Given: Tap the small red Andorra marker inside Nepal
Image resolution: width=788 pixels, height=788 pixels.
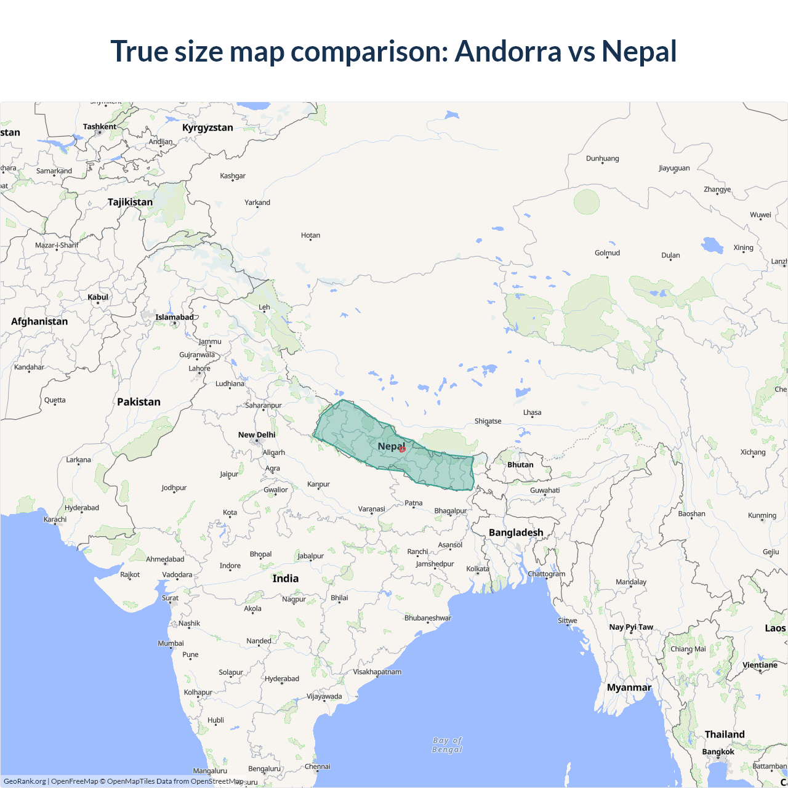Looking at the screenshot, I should click(402, 449).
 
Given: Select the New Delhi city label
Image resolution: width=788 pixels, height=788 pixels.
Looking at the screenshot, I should click(257, 435).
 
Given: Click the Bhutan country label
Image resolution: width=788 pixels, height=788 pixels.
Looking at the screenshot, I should click(520, 465).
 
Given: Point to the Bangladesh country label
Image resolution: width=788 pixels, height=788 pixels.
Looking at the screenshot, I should click(516, 533).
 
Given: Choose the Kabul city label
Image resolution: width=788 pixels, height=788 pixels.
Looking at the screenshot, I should click(98, 297).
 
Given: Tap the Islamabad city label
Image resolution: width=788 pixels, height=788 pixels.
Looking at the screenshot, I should click(174, 318).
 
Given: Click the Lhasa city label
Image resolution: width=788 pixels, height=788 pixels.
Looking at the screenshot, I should click(532, 412).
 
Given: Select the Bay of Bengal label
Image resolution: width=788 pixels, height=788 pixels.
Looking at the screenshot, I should click(448, 745).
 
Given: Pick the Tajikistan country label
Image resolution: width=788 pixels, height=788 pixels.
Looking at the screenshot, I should click(130, 202).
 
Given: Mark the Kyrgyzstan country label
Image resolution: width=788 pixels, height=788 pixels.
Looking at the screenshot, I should click(207, 127).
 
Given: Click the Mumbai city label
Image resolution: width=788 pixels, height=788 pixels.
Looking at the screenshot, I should click(171, 643).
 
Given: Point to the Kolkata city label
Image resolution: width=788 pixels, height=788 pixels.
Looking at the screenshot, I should click(478, 569).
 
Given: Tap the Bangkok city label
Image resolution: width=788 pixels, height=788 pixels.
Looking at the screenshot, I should click(718, 752).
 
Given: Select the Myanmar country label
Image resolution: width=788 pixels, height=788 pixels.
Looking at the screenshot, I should click(629, 688).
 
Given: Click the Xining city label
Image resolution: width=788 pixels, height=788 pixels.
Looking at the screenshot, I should click(743, 247).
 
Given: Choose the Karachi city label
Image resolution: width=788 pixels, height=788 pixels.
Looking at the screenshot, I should click(55, 520).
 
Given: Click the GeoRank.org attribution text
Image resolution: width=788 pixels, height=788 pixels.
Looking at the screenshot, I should click(25, 781).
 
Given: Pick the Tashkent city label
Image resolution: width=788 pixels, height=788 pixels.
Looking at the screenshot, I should click(100, 127).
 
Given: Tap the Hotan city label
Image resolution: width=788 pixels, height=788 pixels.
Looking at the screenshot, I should click(310, 235).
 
